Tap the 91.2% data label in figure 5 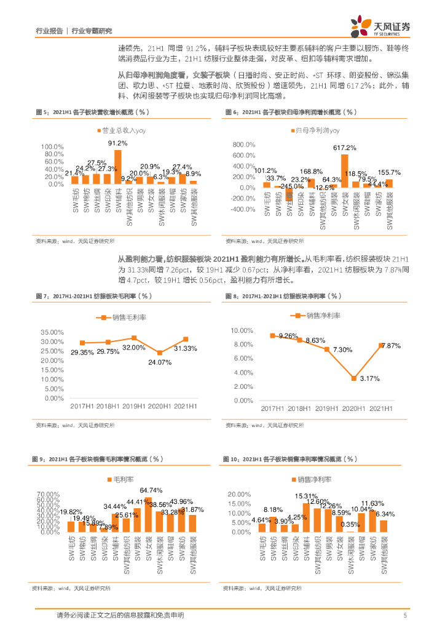pos(117,143)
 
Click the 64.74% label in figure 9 pos(151,490)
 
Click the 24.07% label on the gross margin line pos(159,362)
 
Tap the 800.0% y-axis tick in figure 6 pos(243,143)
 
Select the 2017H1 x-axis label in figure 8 pos(275,409)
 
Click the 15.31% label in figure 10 pos(305,496)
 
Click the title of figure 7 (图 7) pos(92,296)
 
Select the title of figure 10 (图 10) pos(289,459)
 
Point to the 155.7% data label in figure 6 pos(389,173)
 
